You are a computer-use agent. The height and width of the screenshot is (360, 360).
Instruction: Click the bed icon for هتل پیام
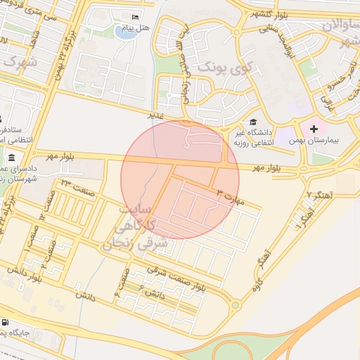[x=136, y=17]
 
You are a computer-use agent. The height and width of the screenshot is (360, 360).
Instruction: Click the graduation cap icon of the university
[x=252, y=122]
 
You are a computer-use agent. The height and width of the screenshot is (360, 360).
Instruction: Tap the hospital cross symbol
[x=314, y=129]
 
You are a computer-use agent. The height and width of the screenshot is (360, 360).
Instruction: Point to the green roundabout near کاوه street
[x=236, y=306]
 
